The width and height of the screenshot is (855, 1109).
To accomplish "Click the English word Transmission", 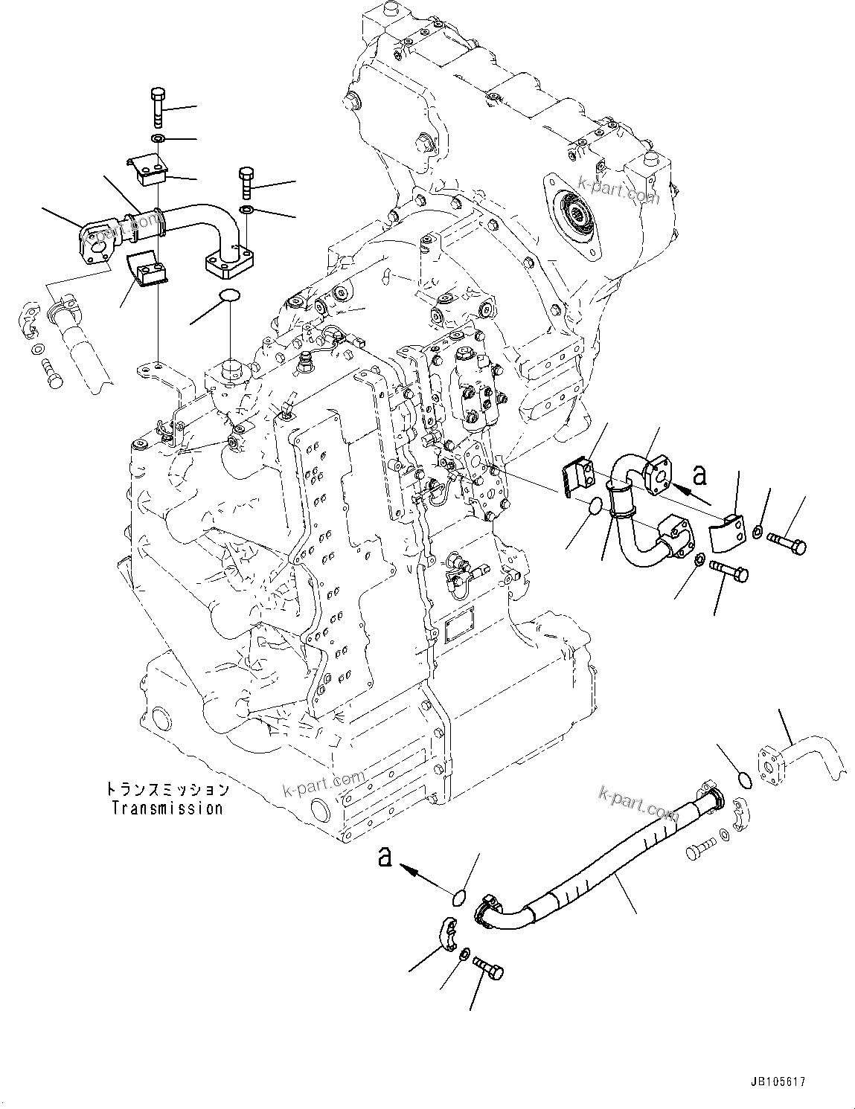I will click(x=167, y=808).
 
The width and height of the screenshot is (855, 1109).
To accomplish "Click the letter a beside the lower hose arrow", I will click(x=385, y=857).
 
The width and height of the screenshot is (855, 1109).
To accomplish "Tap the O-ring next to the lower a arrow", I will click(x=461, y=898).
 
